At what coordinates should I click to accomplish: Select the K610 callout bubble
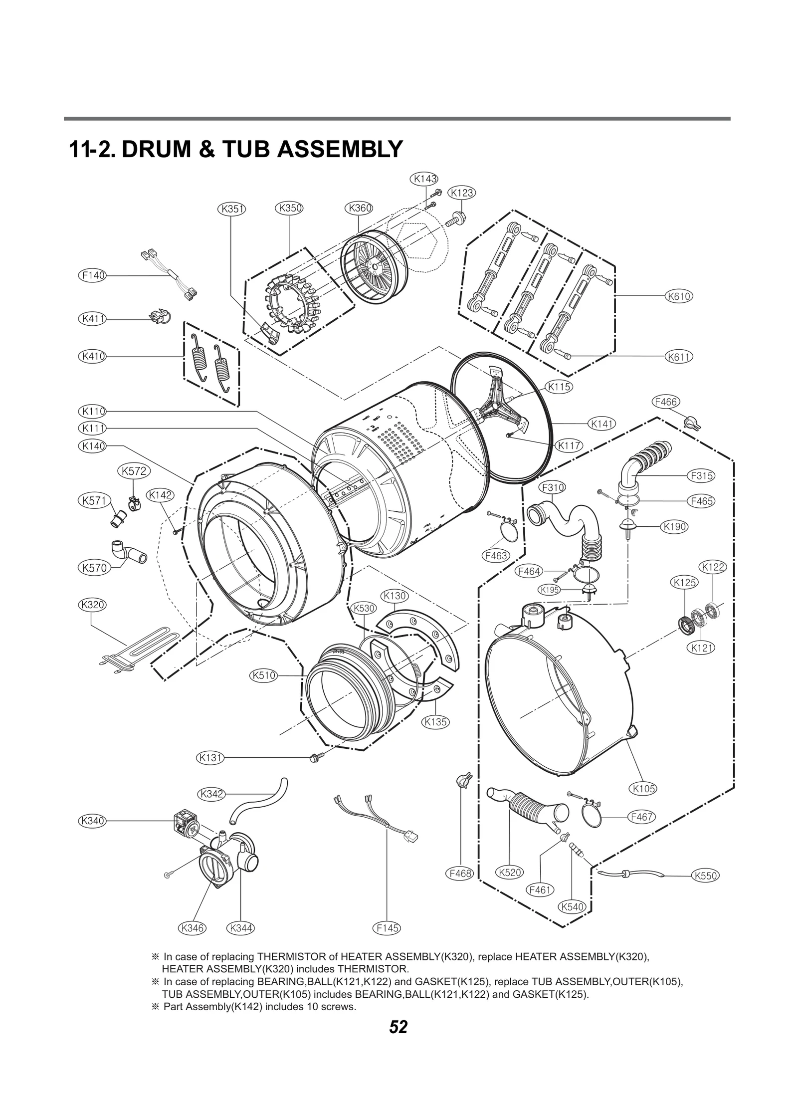point(679,296)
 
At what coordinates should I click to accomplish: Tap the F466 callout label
point(666,402)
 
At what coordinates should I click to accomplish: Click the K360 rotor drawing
point(373,267)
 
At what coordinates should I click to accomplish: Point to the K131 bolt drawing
point(317,771)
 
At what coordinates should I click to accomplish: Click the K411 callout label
point(93,318)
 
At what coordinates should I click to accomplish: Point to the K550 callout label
point(705,876)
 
